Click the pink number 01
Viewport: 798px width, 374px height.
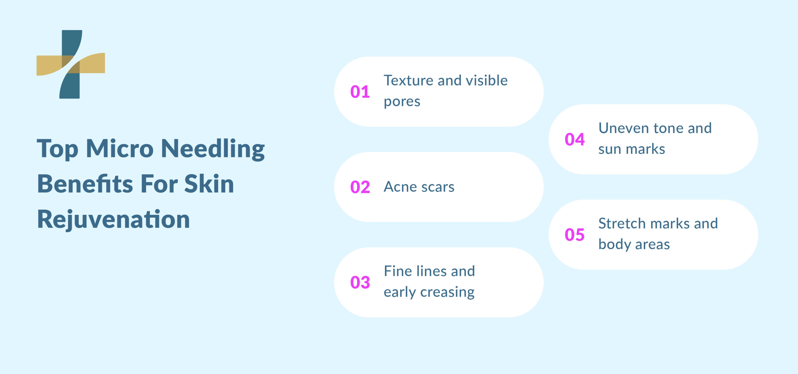click(x=360, y=92)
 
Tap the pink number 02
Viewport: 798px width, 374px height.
click(x=360, y=187)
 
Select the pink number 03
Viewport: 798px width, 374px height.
click(x=360, y=283)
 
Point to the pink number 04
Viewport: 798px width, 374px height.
click(x=574, y=140)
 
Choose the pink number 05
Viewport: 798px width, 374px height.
click(x=574, y=235)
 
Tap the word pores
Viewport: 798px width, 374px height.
click(x=402, y=102)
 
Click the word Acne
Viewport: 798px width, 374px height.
click(x=400, y=187)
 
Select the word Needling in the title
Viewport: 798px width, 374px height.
click(x=213, y=149)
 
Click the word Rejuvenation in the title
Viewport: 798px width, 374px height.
click(x=113, y=220)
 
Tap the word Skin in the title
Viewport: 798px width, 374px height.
click(x=209, y=184)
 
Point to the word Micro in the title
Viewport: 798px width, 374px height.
click(x=120, y=149)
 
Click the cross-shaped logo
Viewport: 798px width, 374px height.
click(x=71, y=64)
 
